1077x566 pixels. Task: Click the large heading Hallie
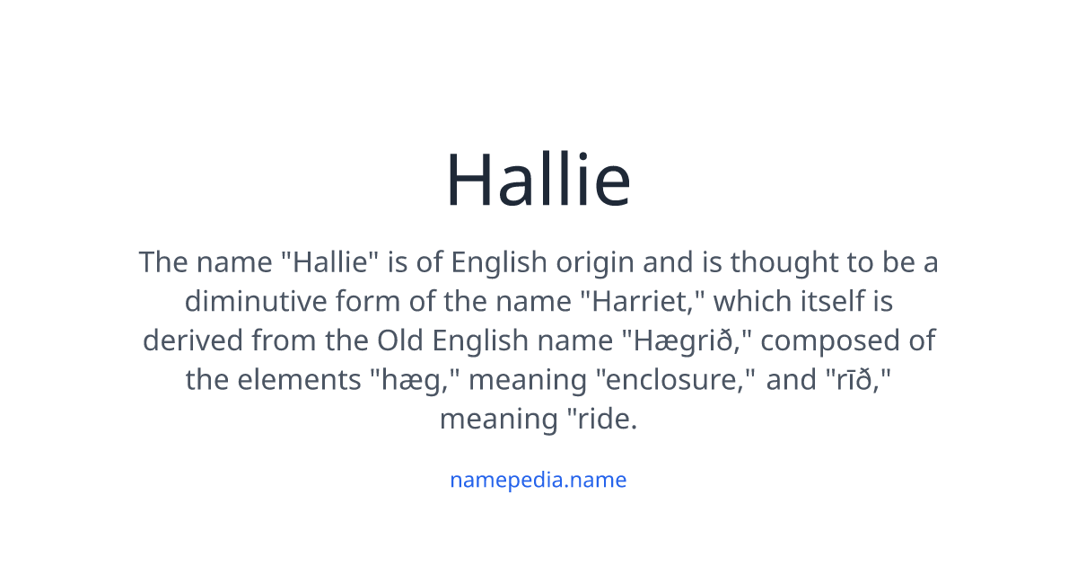click(538, 180)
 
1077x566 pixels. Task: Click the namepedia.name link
click(538, 480)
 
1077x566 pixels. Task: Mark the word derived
click(192, 341)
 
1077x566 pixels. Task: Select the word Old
click(400, 341)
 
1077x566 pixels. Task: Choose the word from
click(286, 341)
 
